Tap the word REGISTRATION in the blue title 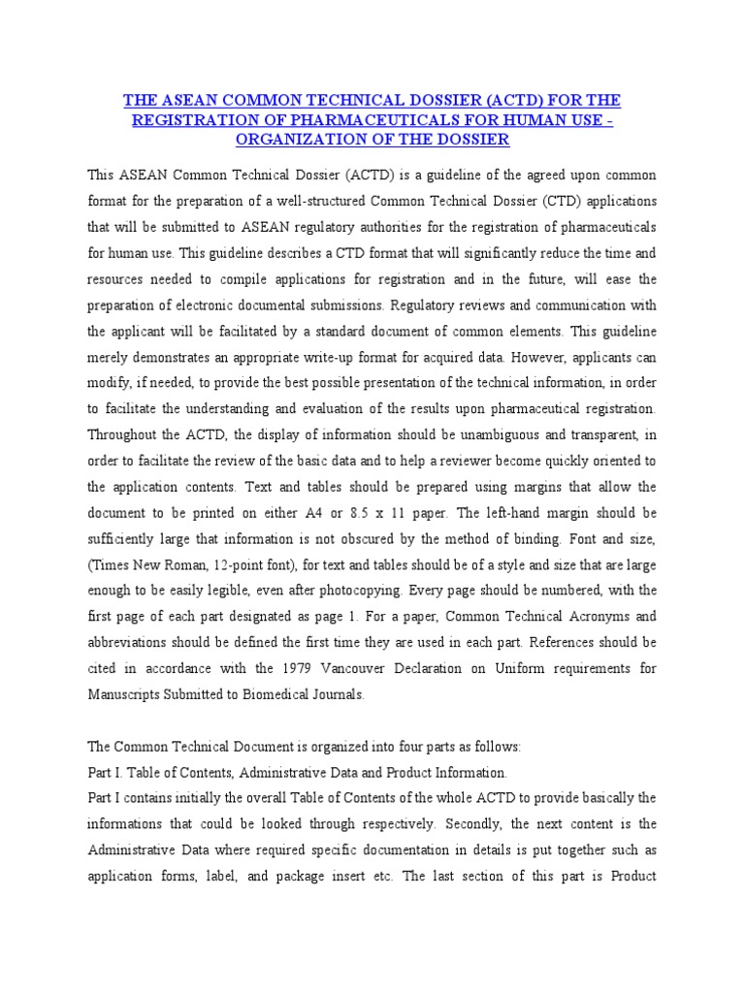coord(196,120)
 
